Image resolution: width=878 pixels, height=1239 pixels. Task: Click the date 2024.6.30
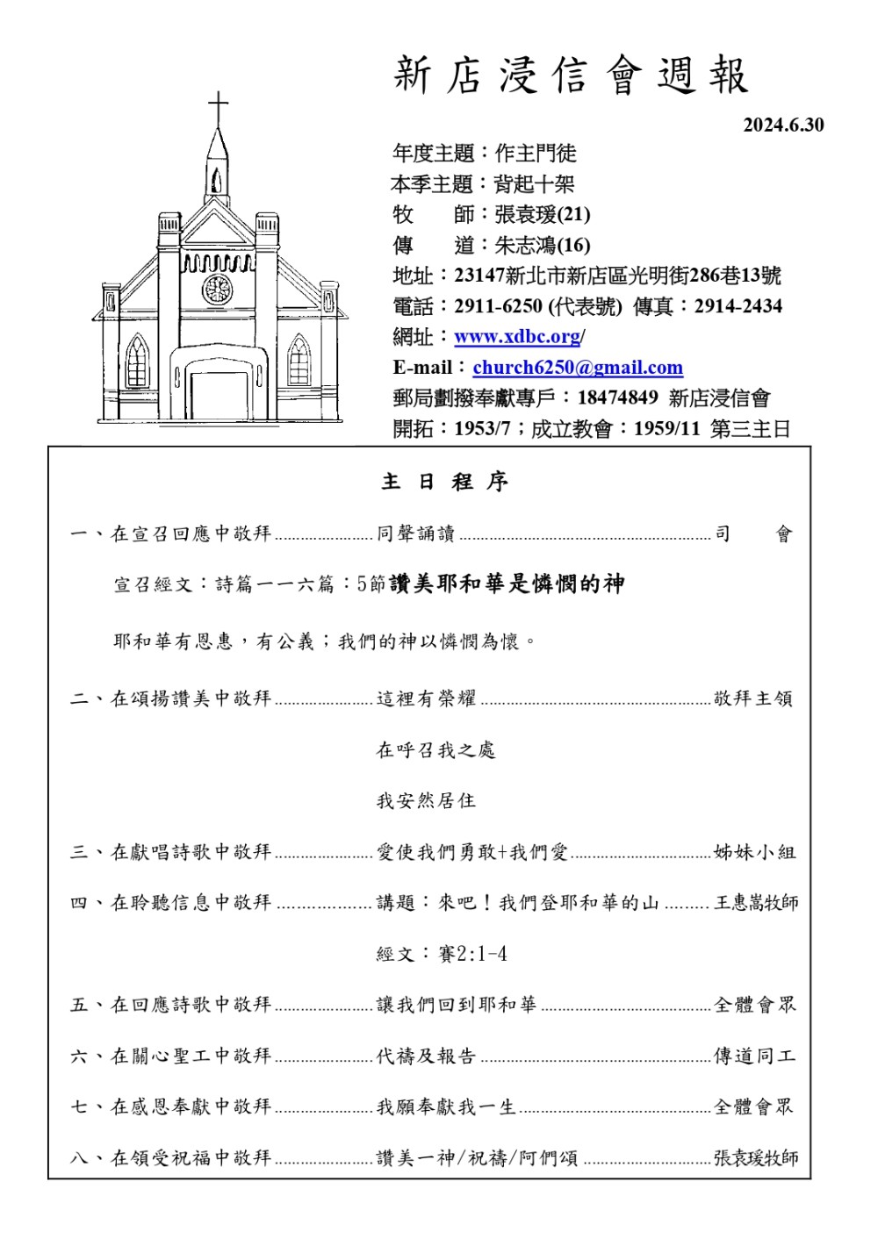click(x=783, y=125)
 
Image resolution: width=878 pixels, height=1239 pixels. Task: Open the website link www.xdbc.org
click(x=517, y=337)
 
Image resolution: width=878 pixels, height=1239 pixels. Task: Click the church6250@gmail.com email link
click(x=577, y=368)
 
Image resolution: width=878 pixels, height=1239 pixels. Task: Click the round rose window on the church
click(x=217, y=288)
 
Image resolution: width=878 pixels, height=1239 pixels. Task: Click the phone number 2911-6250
click(x=498, y=306)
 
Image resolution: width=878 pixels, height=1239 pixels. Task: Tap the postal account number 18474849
click(x=617, y=398)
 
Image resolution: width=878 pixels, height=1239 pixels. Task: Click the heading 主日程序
click(x=444, y=482)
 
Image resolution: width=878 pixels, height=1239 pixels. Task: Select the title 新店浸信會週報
click(x=572, y=76)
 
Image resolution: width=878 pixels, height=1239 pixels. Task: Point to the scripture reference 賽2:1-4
click(x=472, y=954)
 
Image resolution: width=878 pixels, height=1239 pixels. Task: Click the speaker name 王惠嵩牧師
click(x=756, y=903)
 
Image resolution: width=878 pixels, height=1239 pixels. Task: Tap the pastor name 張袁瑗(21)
click(x=542, y=214)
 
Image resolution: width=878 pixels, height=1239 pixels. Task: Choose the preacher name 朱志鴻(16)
click(x=542, y=245)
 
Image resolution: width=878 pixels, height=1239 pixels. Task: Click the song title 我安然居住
click(x=426, y=800)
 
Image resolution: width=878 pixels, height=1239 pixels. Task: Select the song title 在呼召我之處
click(x=435, y=749)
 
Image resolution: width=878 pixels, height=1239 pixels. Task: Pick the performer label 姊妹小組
click(x=754, y=852)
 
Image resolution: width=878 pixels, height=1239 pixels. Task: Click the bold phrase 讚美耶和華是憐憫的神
click(x=507, y=584)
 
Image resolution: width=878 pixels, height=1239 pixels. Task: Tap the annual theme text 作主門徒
click(x=536, y=154)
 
